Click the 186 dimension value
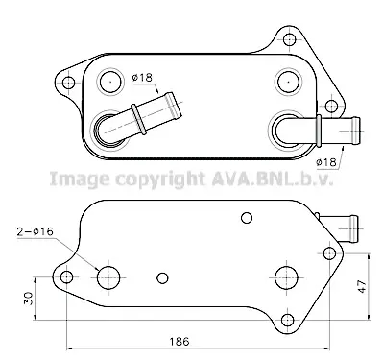click(x=180, y=341)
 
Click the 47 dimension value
click(x=362, y=286)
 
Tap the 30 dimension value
click(x=29, y=299)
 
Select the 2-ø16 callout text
click(x=36, y=231)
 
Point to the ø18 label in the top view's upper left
click(x=142, y=78)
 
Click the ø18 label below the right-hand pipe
click(x=326, y=162)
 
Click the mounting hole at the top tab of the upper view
click(x=289, y=39)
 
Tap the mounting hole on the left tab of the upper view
click(x=68, y=83)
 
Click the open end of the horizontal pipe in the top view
click(x=356, y=132)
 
